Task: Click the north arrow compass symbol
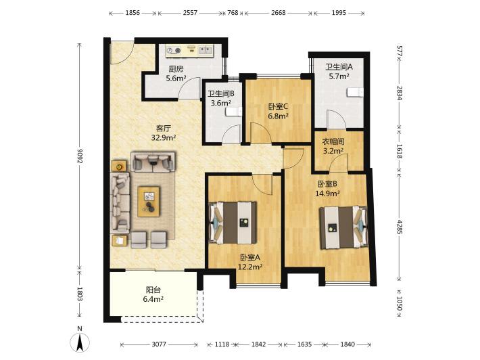(80, 342)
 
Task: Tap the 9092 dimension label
(80, 158)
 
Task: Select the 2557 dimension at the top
(190, 13)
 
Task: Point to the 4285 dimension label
(400, 227)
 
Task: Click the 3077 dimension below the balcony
(159, 344)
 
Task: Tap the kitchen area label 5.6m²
(176, 78)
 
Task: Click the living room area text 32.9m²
(164, 138)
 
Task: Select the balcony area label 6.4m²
(153, 299)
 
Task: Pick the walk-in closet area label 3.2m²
(333, 151)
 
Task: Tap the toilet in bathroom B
(234, 112)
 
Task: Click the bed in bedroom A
(233, 223)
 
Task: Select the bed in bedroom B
(343, 227)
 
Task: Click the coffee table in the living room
(149, 202)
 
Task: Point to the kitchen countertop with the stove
(189, 51)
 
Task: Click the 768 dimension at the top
(233, 13)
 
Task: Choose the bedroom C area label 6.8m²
(279, 116)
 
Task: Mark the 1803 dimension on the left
(80, 294)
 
